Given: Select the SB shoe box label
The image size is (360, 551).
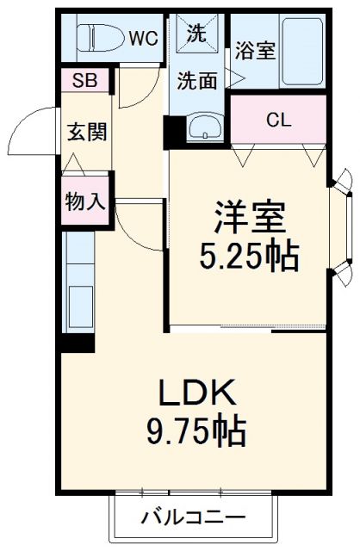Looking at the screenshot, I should [84, 82].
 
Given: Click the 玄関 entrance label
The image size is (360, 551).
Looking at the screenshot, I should [87, 133].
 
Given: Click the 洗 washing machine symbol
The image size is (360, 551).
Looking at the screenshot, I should [197, 35].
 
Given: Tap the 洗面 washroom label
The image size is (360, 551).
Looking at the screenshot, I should [197, 81].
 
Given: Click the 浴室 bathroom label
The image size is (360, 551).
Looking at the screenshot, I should [255, 51].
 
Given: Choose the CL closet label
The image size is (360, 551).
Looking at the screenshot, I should [276, 119].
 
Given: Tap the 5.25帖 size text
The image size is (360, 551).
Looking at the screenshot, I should [249, 256].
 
